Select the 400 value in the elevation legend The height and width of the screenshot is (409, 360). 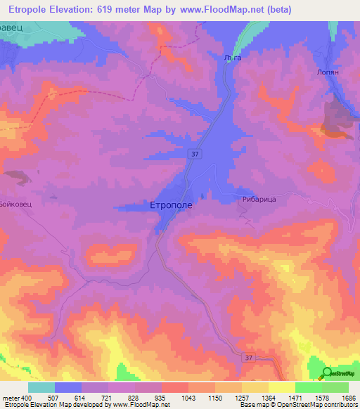(x=29, y=397)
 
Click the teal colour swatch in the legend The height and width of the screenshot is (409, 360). (x=41, y=387)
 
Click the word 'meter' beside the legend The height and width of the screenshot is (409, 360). (x=12, y=397)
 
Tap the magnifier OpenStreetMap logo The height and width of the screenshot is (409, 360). (x=327, y=372)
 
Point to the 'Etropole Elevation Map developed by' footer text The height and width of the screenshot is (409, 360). (x=49, y=405)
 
